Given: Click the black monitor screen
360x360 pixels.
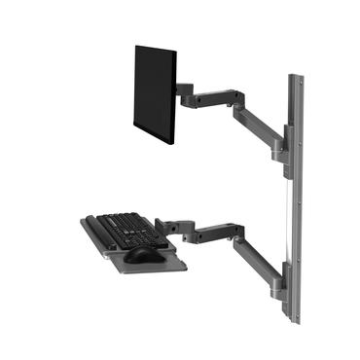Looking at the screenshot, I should [x=154, y=92].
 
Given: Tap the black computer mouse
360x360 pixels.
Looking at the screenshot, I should [x=144, y=255].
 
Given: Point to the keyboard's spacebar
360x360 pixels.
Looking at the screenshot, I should [x=115, y=239].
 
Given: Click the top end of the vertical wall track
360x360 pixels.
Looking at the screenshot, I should [x=291, y=78].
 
